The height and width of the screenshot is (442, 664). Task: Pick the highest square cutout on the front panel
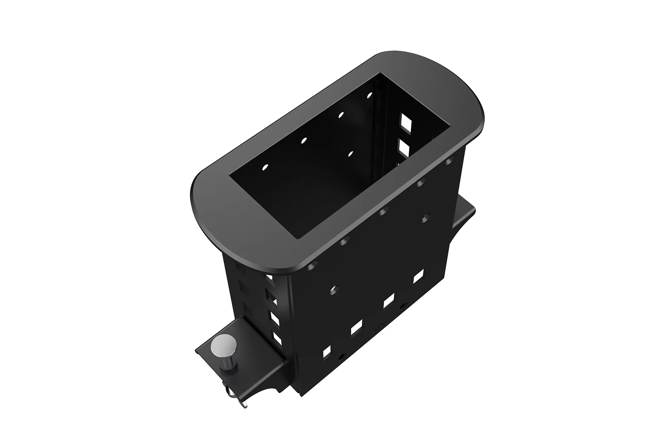tap(418, 276)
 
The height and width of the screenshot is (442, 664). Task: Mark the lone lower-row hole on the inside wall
tap(351, 154)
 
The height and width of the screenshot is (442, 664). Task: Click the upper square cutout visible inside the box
tap(404, 121)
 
